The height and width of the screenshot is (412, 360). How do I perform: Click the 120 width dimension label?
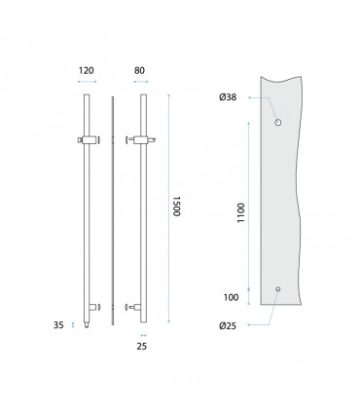pos(87,70)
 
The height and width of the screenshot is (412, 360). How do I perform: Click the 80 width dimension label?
pos(139,70)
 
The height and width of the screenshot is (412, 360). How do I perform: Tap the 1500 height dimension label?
pos(176,206)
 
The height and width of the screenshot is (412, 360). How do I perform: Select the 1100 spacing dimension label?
pos(241,212)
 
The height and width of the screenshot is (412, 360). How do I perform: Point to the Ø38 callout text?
pos(228,97)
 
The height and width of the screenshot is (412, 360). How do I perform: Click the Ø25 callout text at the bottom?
pos(228,325)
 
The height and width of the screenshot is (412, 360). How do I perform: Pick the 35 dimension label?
pos(58,325)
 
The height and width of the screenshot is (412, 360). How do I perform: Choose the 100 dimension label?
pos(231,297)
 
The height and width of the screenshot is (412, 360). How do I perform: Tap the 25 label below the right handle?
pos(142,347)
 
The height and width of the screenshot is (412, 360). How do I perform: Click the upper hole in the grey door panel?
pos(277,122)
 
